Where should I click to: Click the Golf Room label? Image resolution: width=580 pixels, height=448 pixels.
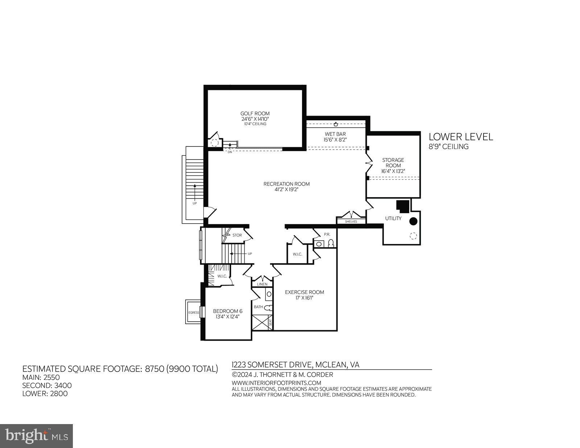(x=255, y=113)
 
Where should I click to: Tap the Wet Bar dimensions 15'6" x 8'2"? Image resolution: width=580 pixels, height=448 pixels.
(x=335, y=140)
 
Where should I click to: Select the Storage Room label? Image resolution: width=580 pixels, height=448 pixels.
(x=393, y=163)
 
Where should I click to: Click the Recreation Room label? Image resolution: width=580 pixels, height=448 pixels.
(x=286, y=184)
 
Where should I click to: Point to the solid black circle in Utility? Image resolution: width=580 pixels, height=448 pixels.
(x=413, y=221)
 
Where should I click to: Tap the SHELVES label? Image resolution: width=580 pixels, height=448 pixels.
(x=351, y=221)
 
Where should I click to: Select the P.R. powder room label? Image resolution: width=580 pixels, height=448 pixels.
(x=327, y=235)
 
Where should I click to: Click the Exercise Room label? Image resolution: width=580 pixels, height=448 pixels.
(x=304, y=292)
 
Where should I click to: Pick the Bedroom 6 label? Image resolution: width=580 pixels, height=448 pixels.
(x=227, y=311)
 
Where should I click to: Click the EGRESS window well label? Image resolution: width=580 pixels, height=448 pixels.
(x=194, y=312)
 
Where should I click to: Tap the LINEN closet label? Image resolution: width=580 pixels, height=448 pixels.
(x=262, y=285)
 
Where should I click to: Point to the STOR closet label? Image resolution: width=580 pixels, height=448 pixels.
(x=237, y=235)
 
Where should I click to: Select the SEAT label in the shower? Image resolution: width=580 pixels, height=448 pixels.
(x=270, y=322)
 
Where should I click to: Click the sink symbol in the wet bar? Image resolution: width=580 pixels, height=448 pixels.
(x=336, y=124)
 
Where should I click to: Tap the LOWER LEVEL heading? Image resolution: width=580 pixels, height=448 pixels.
(x=461, y=137)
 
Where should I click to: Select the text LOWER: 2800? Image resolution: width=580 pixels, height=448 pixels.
(x=45, y=394)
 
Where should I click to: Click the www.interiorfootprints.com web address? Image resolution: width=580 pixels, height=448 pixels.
(x=276, y=383)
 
